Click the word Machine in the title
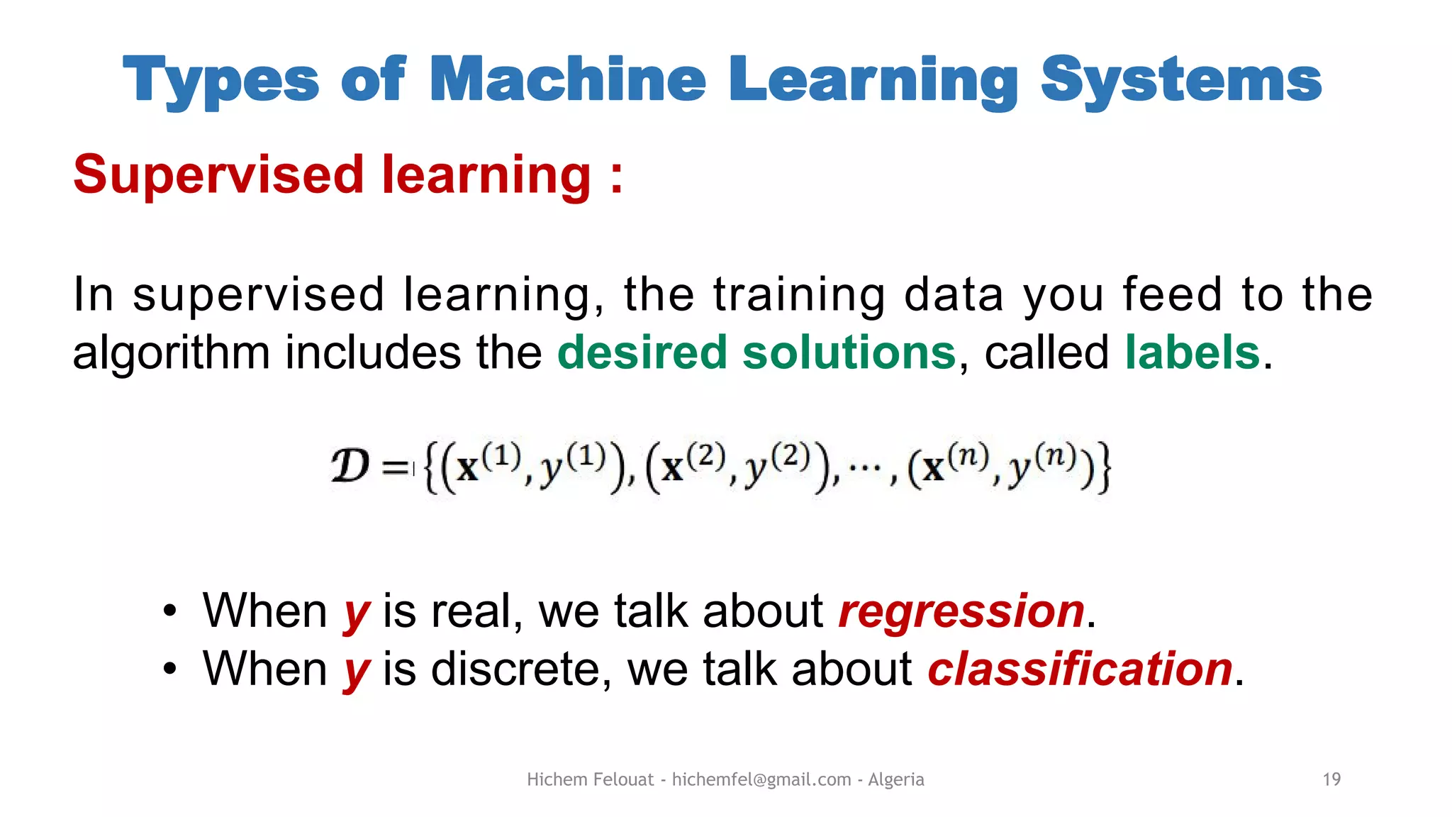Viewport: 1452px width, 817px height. point(567,79)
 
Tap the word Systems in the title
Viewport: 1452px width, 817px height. point(1180,79)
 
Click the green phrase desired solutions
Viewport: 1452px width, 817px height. point(756,352)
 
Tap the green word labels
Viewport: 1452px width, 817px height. point(1193,352)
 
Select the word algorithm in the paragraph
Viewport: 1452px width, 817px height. point(171,354)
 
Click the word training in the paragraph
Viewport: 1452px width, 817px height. point(799,294)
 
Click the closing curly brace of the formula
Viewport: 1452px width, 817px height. point(1103,468)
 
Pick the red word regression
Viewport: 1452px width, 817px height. point(961,611)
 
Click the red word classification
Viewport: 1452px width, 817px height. point(1080,669)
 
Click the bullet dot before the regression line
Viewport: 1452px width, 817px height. point(169,611)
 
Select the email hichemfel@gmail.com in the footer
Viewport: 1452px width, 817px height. point(761,779)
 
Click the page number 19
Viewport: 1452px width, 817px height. point(1331,779)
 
